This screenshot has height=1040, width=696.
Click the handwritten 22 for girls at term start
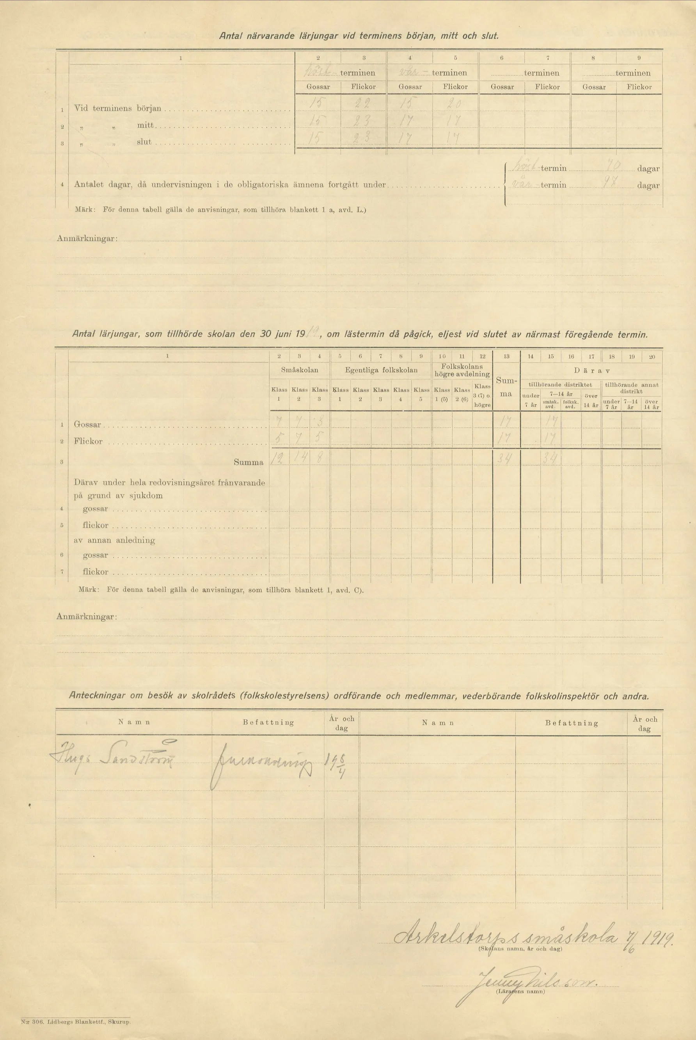(x=363, y=104)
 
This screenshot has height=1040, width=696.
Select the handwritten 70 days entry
(x=614, y=167)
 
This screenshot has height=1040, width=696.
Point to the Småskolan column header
(x=300, y=369)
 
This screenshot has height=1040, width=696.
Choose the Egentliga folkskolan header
(x=381, y=369)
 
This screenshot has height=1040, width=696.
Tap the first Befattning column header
(x=268, y=722)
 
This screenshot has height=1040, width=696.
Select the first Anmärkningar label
(x=87, y=239)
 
